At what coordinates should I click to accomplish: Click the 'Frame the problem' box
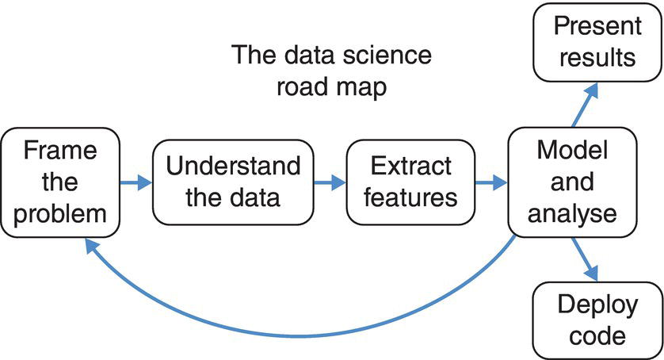pyautogui.click(x=62, y=182)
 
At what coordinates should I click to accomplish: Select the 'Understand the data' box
pyautogui.click(x=233, y=182)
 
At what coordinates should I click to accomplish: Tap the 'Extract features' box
pyautogui.click(x=402, y=182)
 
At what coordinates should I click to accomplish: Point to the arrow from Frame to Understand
pyautogui.click(x=135, y=182)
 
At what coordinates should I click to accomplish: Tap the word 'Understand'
pyautogui.click(x=233, y=167)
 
